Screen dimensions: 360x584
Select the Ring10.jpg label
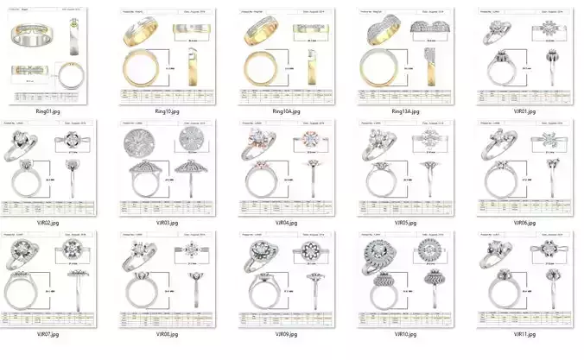166,111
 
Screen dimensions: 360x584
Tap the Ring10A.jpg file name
285,111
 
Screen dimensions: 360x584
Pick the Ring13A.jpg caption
404,111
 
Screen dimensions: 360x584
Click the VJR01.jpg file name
524,111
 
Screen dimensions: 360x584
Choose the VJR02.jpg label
48,223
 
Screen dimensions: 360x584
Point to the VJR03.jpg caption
166,223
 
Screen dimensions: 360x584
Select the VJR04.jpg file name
285,223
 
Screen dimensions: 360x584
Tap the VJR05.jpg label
404,223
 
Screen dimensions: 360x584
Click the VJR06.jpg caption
524,223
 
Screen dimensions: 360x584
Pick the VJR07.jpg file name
48,333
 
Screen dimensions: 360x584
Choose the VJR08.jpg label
166,333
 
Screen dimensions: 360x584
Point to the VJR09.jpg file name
285,333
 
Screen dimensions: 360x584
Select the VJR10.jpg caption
404,333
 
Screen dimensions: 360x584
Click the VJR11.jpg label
524,333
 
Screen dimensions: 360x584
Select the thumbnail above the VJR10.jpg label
404,278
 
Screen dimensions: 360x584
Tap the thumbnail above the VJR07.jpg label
48,278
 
